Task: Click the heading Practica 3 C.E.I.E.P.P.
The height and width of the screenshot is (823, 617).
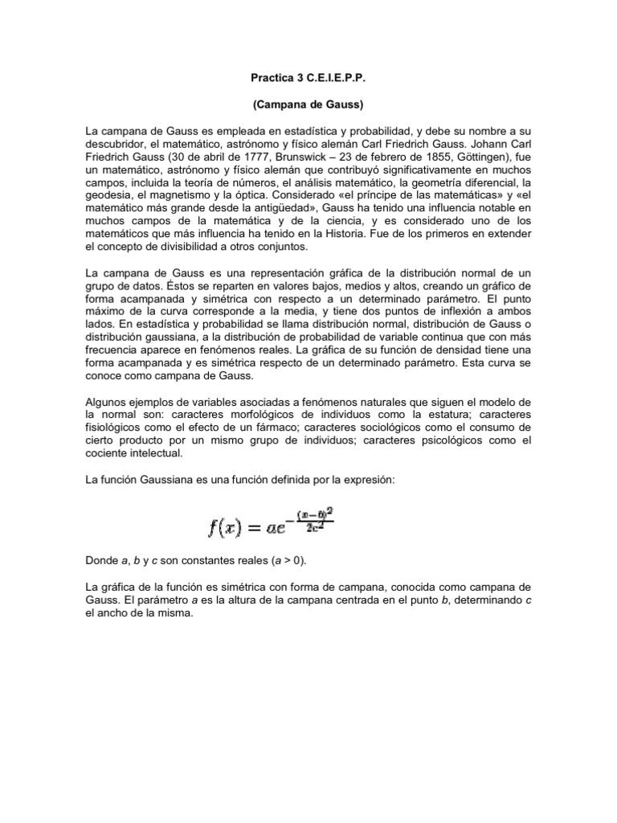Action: (x=308, y=82)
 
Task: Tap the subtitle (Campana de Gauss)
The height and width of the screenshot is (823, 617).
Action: (x=308, y=105)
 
